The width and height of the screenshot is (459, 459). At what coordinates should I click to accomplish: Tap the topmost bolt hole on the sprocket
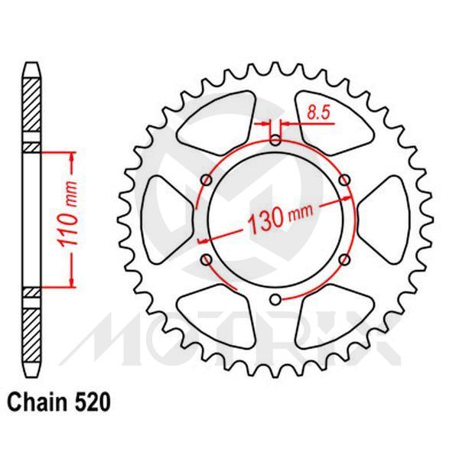coord(275,140)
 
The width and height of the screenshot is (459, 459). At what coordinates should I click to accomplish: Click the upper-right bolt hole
coord(344,180)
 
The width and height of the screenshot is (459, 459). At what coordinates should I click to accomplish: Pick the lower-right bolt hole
coord(344,260)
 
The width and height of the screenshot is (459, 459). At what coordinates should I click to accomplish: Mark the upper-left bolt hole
coord(206,180)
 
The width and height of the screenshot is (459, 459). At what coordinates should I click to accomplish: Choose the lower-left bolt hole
coord(206,260)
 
